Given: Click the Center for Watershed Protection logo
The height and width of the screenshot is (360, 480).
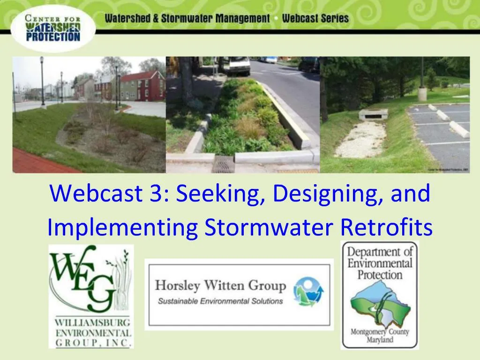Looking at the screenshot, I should (53, 29).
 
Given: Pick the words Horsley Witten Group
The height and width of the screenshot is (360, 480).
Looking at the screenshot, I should (220, 285).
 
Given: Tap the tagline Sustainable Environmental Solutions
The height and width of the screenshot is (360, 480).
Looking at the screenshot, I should (220, 300).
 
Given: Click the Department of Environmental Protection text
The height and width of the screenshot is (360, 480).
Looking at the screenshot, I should (380, 263).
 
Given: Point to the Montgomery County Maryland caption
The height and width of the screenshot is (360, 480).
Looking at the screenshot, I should (380, 336).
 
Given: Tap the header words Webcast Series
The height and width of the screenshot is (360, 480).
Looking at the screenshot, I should (315, 19).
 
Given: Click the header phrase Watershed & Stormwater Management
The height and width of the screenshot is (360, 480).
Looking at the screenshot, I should (187, 19).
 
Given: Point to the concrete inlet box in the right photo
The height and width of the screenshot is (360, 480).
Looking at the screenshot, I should (373, 114).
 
